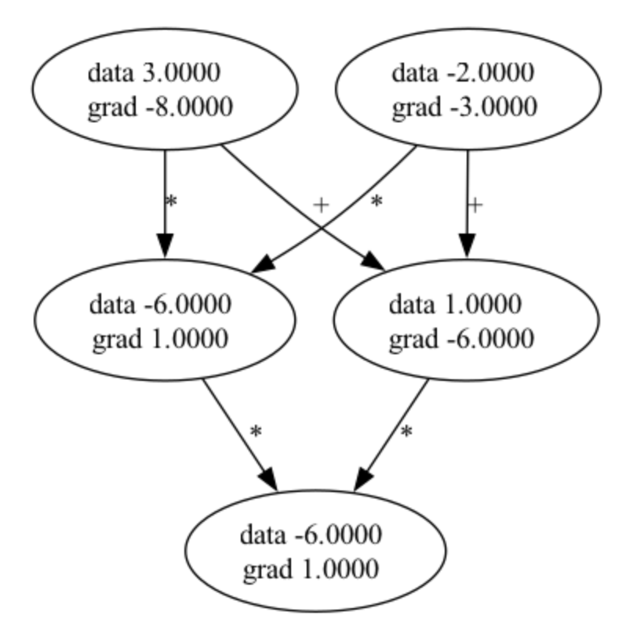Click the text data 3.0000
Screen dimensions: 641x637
click(154, 73)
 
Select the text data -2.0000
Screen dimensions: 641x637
click(463, 73)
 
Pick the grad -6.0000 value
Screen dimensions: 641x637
click(462, 339)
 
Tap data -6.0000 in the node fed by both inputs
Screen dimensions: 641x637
click(160, 304)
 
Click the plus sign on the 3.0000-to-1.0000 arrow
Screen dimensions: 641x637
click(320, 205)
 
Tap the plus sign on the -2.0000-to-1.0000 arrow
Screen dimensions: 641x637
click(475, 205)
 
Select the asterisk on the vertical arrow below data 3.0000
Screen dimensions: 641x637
click(172, 201)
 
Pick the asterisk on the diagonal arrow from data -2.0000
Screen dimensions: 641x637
click(376, 201)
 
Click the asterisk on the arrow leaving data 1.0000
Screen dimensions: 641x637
click(406, 432)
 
